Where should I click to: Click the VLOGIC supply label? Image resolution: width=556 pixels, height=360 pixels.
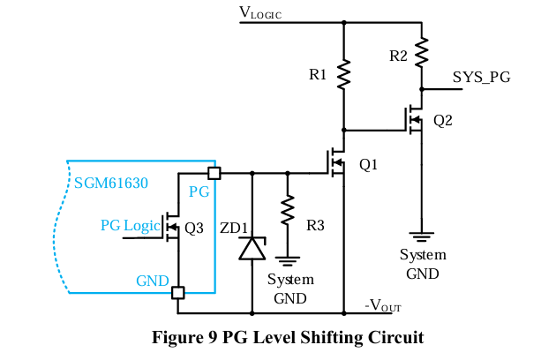click(260, 13)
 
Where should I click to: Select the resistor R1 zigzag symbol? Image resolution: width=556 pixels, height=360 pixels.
click(343, 74)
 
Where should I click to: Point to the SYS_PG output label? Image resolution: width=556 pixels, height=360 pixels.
click(481, 78)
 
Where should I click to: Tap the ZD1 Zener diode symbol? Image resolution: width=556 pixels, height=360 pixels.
click(252, 249)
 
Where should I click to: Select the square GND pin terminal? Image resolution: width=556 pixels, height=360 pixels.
click(178, 292)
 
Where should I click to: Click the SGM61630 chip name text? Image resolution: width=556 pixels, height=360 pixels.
click(111, 184)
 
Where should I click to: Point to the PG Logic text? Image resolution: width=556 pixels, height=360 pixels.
click(129, 225)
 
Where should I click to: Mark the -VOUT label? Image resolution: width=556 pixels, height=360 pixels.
click(383, 306)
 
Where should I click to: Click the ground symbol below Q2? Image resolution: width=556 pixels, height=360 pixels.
click(422, 236)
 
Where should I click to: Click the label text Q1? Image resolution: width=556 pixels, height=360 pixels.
click(368, 164)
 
